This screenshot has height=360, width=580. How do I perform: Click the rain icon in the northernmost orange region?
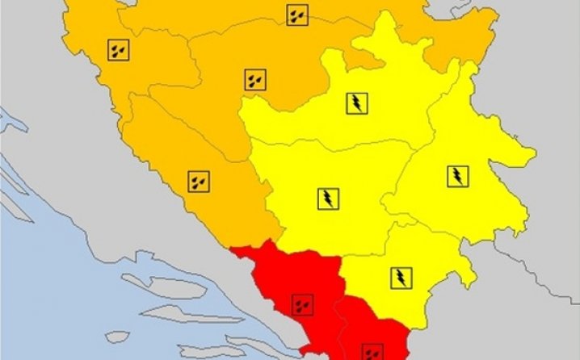296,15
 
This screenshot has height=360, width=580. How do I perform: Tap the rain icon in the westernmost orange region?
119,50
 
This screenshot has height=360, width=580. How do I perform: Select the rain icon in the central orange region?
254,79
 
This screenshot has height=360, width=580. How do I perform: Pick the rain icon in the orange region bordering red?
197,181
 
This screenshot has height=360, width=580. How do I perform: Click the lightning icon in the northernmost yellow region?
356,103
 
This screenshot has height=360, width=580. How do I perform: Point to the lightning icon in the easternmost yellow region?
458,175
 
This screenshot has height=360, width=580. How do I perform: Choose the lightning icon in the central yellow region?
328,199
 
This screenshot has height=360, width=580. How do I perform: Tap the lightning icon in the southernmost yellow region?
401,277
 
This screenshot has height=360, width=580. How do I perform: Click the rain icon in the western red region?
302,305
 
